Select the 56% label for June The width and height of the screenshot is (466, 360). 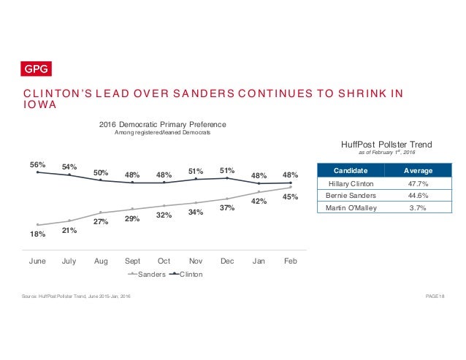(38, 164)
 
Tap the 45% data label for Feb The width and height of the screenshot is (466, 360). (291, 196)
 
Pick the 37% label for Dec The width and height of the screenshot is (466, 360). (227, 208)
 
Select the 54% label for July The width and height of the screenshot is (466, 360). (69, 167)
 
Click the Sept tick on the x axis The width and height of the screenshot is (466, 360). (132, 259)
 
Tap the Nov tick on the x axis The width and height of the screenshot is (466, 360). (196, 259)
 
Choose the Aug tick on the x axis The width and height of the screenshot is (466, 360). (101, 259)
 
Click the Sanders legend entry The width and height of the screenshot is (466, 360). (145, 275)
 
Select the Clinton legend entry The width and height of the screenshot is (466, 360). (186, 275)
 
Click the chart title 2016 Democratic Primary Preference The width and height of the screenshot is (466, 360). (162, 124)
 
